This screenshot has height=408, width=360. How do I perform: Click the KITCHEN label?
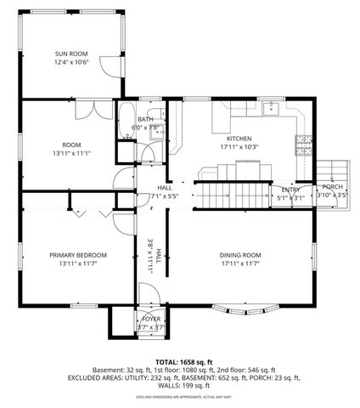pyautogui.click(x=239, y=138)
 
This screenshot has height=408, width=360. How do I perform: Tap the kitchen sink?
pyautogui.click(x=271, y=108)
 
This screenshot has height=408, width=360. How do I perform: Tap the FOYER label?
pyautogui.click(x=150, y=318)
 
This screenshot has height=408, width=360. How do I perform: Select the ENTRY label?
pyautogui.click(x=290, y=190)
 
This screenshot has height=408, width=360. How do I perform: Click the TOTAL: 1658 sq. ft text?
pyautogui.click(x=180, y=361)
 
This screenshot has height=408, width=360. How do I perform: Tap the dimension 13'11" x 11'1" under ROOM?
pyautogui.click(x=70, y=153)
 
